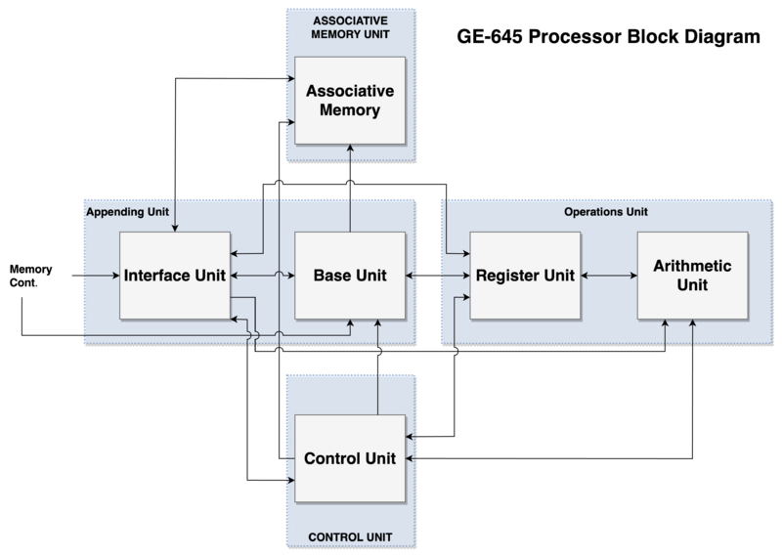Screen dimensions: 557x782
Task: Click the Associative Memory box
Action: click(350, 101)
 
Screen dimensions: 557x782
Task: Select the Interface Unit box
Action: click(175, 276)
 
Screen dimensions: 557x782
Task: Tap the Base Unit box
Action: click(350, 276)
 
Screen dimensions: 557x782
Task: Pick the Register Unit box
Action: click(524, 276)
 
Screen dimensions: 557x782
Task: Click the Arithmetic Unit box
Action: click(692, 276)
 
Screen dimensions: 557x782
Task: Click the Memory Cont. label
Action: click(30, 276)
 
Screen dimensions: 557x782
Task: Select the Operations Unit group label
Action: click(606, 210)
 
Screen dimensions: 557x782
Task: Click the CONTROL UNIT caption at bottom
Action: click(350, 536)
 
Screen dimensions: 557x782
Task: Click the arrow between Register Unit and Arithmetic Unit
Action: click(608, 276)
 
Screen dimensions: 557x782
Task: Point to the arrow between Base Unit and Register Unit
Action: click(437, 276)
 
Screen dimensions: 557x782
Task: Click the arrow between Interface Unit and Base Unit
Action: click(262, 276)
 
